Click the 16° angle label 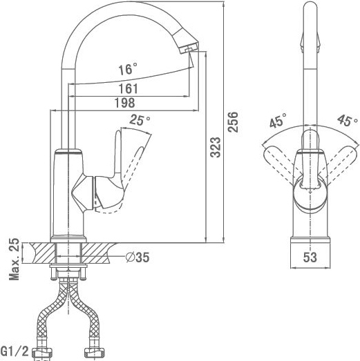coord(128,69)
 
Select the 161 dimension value coord(129,88)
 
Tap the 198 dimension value coord(125,103)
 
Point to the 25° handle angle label coord(140,120)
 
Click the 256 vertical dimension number coord(233,121)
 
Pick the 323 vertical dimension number coord(216,147)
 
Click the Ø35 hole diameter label coord(138,257)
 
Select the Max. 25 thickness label coord(14,259)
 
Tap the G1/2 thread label coord(15,351)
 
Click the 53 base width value coord(310,257)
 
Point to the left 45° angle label coord(278,120)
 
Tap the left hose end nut coord(41,353)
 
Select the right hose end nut coord(95,353)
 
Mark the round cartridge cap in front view coord(310,195)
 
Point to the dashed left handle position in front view coord(282,164)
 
